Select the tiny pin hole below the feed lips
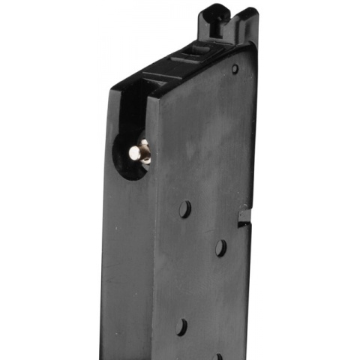[x=235, y=69]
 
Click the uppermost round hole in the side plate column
[x=185, y=209]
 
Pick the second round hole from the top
[x=220, y=247]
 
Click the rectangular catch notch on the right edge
[x=243, y=217]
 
